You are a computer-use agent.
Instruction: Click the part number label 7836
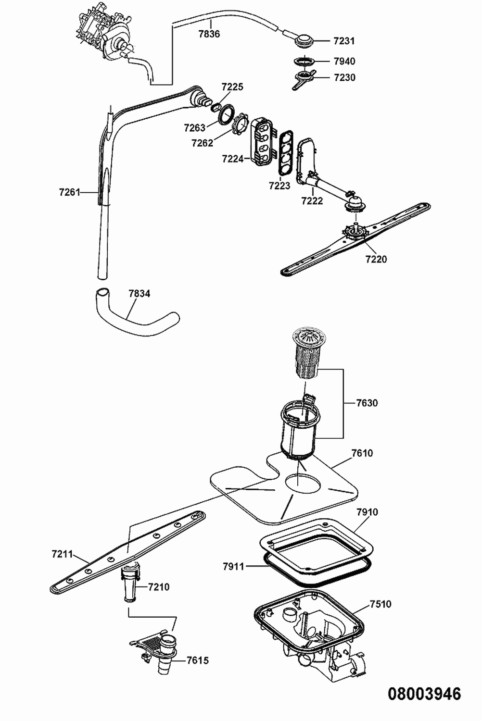click(x=209, y=34)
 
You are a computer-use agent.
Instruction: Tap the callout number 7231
click(x=344, y=41)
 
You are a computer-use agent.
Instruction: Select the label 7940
click(x=344, y=61)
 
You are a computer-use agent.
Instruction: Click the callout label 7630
click(x=367, y=403)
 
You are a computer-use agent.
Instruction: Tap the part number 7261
click(x=70, y=192)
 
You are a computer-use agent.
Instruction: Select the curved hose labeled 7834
click(x=137, y=312)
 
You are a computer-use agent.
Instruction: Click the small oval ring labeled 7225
click(x=216, y=106)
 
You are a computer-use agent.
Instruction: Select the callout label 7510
click(x=381, y=604)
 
